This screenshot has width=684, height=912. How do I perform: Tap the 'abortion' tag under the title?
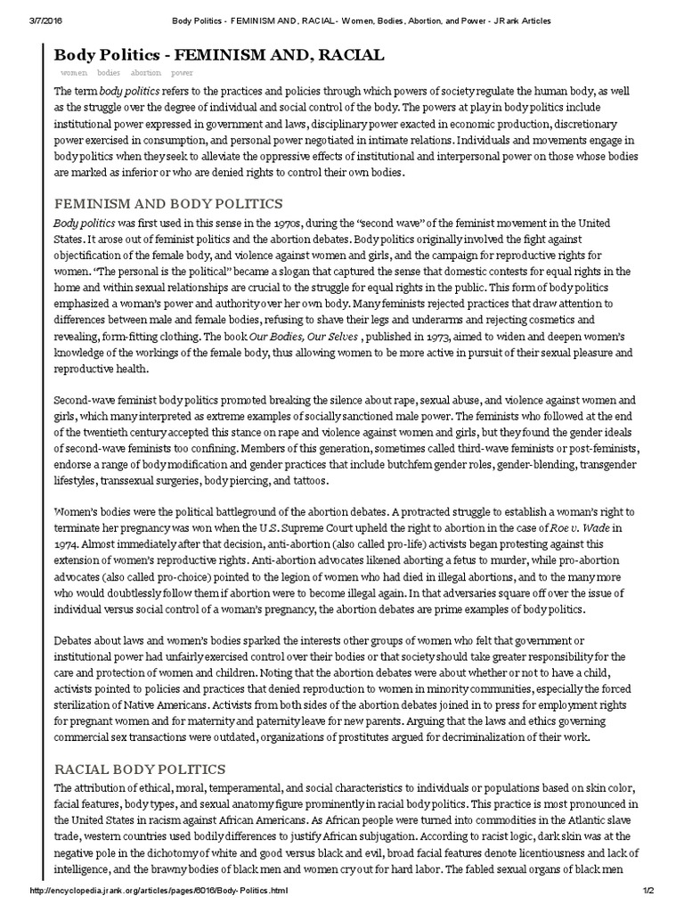pyautogui.click(x=146, y=72)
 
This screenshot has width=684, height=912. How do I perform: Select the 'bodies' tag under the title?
pyautogui.click(x=109, y=72)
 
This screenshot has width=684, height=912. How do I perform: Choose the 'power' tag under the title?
pyautogui.click(x=183, y=72)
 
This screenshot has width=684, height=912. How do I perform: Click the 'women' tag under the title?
pyautogui.click(x=74, y=72)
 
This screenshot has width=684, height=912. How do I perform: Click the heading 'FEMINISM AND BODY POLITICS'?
pyautogui.click(x=168, y=204)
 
